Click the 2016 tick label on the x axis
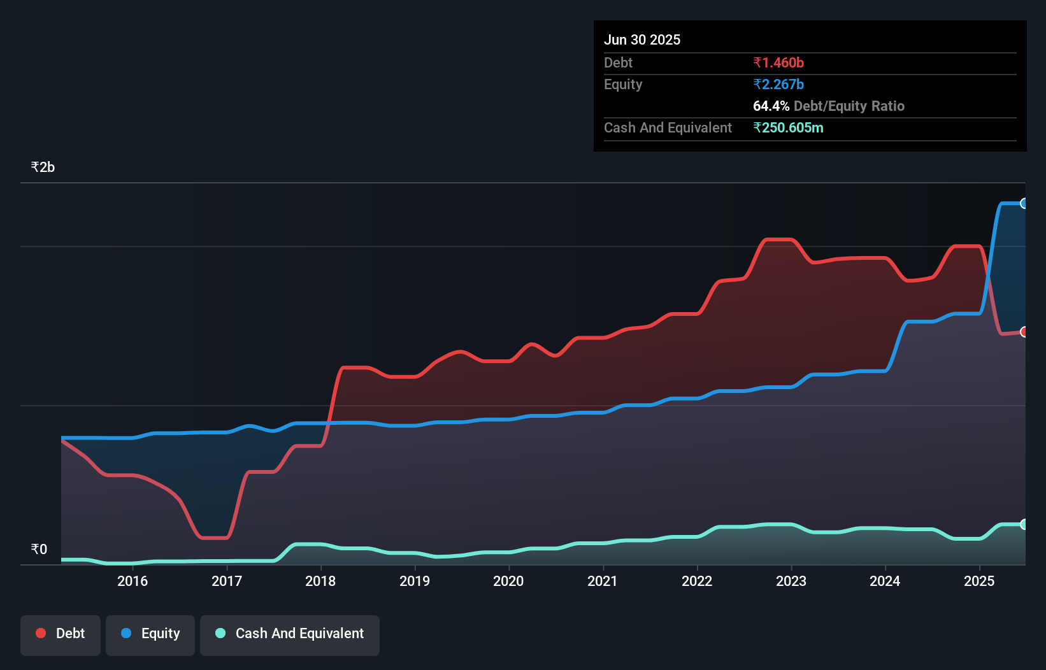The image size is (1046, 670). click(133, 581)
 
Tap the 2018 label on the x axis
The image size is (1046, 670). click(320, 581)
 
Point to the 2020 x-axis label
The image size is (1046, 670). click(508, 581)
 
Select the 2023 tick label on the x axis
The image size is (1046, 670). click(791, 581)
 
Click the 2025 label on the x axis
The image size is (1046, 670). click(979, 581)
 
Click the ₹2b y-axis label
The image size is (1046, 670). click(43, 167)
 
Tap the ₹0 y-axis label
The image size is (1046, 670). click(39, 549)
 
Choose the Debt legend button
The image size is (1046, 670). click(61, 634)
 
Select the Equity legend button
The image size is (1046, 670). click(150, 634)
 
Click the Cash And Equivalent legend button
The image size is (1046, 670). click(290, 634)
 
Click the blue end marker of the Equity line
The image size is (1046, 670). click(1024, 203)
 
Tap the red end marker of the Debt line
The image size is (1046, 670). click(1024, 332)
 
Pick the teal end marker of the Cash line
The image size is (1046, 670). click(1024, 524)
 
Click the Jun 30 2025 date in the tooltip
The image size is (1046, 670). click(642, 39)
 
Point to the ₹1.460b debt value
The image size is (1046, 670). click(778, 62)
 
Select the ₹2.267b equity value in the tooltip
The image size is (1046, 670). click(778, 84)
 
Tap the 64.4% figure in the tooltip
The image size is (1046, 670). click(771, 106)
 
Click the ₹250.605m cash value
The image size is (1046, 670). click(788, 127)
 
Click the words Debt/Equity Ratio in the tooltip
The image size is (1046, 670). click(849, 106)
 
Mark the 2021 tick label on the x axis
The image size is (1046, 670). click(603, 581)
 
